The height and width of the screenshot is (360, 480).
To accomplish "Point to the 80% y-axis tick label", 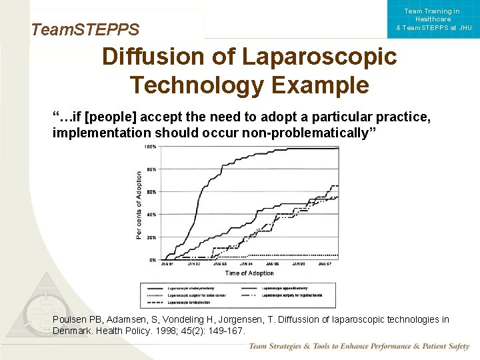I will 151,169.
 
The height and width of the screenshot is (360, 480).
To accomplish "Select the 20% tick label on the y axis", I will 151,237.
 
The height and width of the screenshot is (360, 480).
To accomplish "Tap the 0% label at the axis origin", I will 153,260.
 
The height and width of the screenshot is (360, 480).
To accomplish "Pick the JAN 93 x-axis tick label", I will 219,265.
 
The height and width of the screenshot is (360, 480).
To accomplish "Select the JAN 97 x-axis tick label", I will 325,265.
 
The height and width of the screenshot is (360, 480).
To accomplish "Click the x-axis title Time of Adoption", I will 249,273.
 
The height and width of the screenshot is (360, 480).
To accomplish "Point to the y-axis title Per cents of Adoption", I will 139,205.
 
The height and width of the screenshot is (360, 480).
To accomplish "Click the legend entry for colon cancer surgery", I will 197,294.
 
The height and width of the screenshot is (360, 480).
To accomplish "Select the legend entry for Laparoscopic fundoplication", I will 191,301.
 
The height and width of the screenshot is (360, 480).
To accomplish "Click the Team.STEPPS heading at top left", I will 85,29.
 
